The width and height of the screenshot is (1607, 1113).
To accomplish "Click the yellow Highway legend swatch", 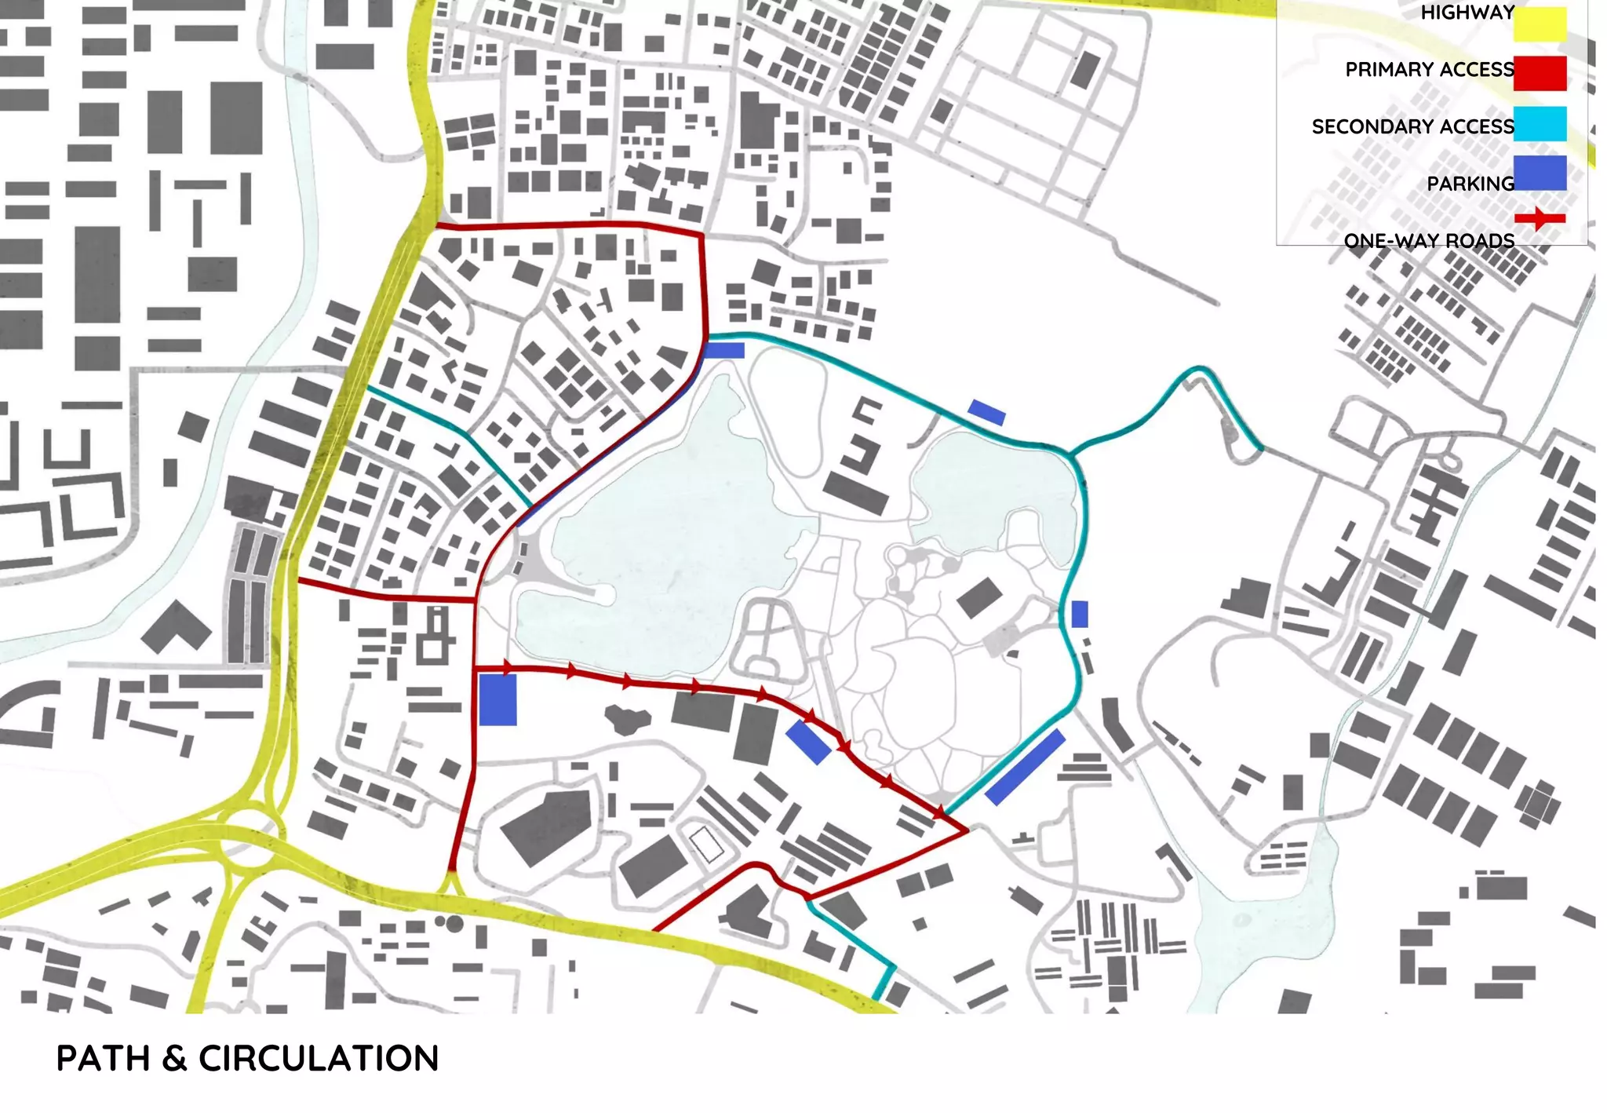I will [1540, 24].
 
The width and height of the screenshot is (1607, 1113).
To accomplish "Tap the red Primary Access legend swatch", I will [1540, 73].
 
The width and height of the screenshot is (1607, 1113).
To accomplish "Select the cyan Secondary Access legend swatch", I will [1540, 124].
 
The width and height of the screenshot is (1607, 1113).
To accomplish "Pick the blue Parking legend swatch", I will [1540, 173].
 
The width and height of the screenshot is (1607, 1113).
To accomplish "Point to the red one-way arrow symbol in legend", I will [1540, 218].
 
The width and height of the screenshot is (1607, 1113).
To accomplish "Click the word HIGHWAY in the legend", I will [1467, 13].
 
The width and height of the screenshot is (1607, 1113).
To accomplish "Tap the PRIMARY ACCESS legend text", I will [1430, 70].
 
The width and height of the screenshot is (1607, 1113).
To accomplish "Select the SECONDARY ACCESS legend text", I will [1412, 127].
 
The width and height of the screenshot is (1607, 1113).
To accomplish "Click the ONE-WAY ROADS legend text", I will [1429, 241].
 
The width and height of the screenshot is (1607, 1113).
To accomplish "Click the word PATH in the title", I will [103, 1059].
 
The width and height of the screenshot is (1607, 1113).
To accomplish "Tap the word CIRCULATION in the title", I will [319, 1059].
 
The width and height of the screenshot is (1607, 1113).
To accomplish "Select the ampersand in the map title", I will [174, 1059].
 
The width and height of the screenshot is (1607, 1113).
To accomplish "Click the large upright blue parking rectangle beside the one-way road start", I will [497, 700].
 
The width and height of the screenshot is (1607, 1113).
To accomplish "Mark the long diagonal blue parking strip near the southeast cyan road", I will [1025, 767].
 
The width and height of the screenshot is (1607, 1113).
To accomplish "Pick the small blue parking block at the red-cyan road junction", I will [723, 350].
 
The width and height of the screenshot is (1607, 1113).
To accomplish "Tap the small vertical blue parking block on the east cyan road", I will [1080, 614].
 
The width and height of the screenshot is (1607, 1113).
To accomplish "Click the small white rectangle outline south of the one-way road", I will [707, 844].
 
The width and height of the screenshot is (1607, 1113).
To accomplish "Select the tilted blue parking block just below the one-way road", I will [808, 742].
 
